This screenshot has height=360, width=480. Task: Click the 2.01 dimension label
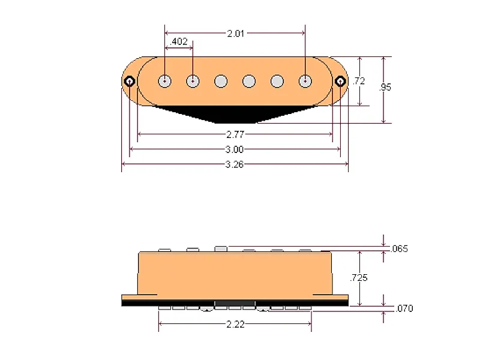point(235,33)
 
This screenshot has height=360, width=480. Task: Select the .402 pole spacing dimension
point(179,42)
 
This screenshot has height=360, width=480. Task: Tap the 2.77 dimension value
point(235,134)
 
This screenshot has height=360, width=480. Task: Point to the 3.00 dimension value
point(235,149)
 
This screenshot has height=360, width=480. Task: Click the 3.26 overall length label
point(235,164)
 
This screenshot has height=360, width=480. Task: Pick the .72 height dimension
point(359,82)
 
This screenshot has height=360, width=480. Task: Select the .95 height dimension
point(385,87)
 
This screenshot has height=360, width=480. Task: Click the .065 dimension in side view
point(399,248)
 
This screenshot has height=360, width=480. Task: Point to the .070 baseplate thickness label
point(404,308)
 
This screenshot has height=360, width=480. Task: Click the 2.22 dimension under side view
point(235,324)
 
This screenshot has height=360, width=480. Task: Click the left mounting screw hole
point(130,81)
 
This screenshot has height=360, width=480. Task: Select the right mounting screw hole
point(340,81)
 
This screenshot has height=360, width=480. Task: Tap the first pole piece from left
point(165,81)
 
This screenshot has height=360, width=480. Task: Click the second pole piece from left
point(193,81)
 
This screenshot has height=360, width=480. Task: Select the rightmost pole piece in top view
point(305,81)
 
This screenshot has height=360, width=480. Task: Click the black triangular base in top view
point(235,113)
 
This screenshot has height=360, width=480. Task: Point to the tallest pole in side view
point(221,248)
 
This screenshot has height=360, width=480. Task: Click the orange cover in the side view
point(235,273)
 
